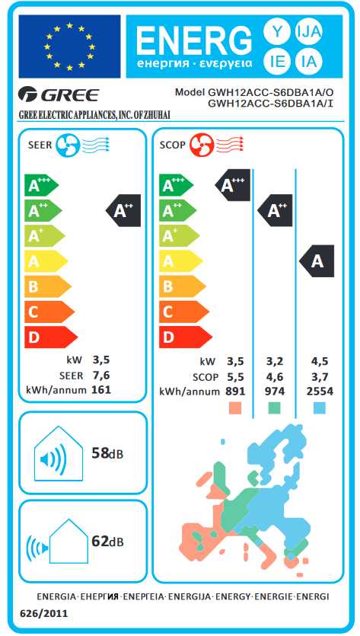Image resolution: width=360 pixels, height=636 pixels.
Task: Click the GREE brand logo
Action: click(59, 96)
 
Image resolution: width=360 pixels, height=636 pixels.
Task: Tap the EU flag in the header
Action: click(70, 46)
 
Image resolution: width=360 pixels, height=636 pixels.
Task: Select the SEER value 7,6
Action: click(101, 375)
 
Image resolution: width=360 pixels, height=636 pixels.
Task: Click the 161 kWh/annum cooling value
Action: click(102, 390)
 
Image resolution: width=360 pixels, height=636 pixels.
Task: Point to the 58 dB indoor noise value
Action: click(107, 453)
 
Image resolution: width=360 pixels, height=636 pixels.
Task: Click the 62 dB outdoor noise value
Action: click(107, 541)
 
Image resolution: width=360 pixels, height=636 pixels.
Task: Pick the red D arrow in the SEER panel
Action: click(51, 337)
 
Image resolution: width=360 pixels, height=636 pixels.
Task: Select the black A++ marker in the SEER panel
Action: click(123, 210)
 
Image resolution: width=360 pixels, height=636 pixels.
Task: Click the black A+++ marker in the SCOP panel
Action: click(232, 185)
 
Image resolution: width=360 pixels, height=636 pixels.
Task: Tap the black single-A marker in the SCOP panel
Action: click(317, 261)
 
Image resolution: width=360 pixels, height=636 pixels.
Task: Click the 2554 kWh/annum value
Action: click(320, 392)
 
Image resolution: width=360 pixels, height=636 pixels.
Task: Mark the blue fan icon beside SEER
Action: click(66, 145)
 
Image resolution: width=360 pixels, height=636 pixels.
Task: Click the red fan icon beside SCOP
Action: click(201, 145)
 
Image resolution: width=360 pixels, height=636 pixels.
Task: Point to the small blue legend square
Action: click(320, 408)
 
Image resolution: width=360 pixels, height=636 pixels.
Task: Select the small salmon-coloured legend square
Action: click(235, 408)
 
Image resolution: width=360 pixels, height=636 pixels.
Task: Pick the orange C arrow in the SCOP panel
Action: click(183, 312)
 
